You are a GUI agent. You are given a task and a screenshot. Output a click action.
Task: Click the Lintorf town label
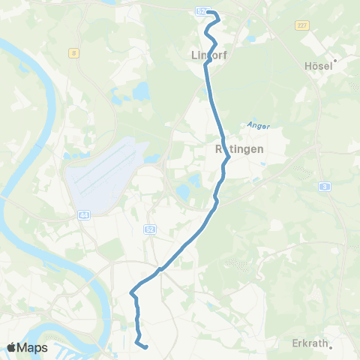coord(209,55)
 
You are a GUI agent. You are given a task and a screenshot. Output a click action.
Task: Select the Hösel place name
coord(319,65)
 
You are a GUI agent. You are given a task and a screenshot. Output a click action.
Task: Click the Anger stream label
coord(257,126)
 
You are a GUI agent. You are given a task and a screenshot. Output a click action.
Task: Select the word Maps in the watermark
coord(33,347)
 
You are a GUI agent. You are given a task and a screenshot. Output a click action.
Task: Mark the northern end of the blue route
coord(209,13)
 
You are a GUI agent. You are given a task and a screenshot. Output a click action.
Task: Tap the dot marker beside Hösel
coord(335,60)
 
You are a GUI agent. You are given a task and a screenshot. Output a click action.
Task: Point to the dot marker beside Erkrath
coord(329,347)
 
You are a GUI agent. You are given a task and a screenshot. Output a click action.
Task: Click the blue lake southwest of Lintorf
coord(142,91)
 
